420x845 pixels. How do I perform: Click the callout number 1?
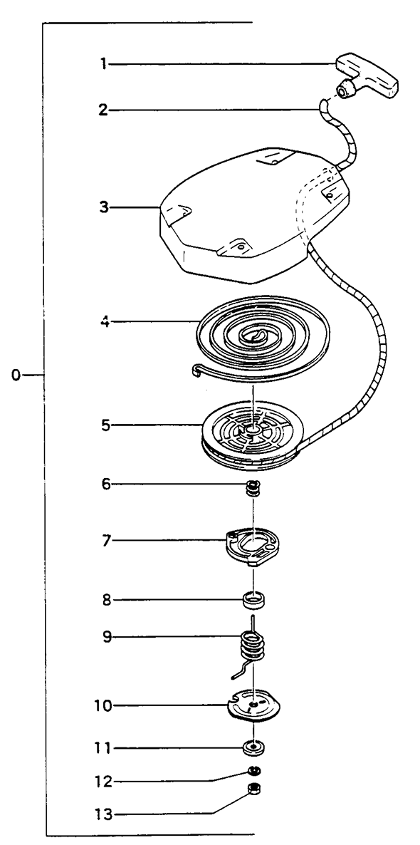[103, 65]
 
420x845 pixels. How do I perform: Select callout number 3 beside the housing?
[103, 207]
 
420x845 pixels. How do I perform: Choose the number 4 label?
[104, 322]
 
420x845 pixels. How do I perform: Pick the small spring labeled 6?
[253, 488]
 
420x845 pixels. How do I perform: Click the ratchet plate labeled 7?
[251, 547]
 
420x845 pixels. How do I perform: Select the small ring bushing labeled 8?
[253, 598]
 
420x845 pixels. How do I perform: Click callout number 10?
[104, 706]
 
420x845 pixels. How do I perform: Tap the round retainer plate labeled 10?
[254, 705]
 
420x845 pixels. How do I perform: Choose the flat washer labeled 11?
[253, 748]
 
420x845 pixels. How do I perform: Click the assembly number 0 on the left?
[16, 375]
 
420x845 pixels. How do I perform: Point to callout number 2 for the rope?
[103, 110]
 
